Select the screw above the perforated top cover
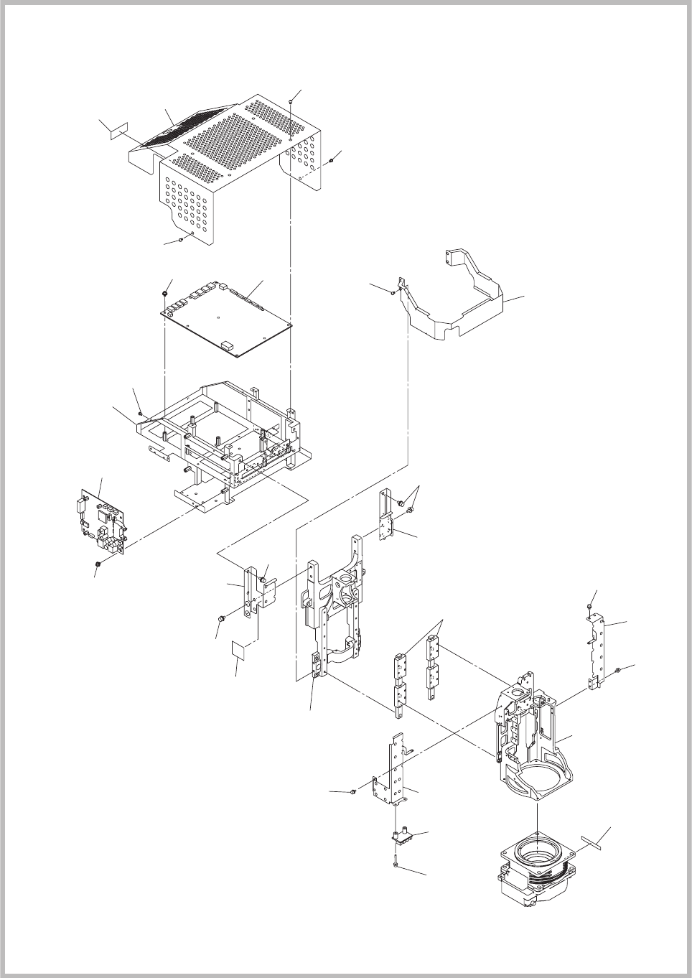(x=290, y=103)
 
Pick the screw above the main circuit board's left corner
(x=165, y=294)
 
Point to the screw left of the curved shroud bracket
(x=393, y=292)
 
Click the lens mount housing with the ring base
(x=531, y=740)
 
